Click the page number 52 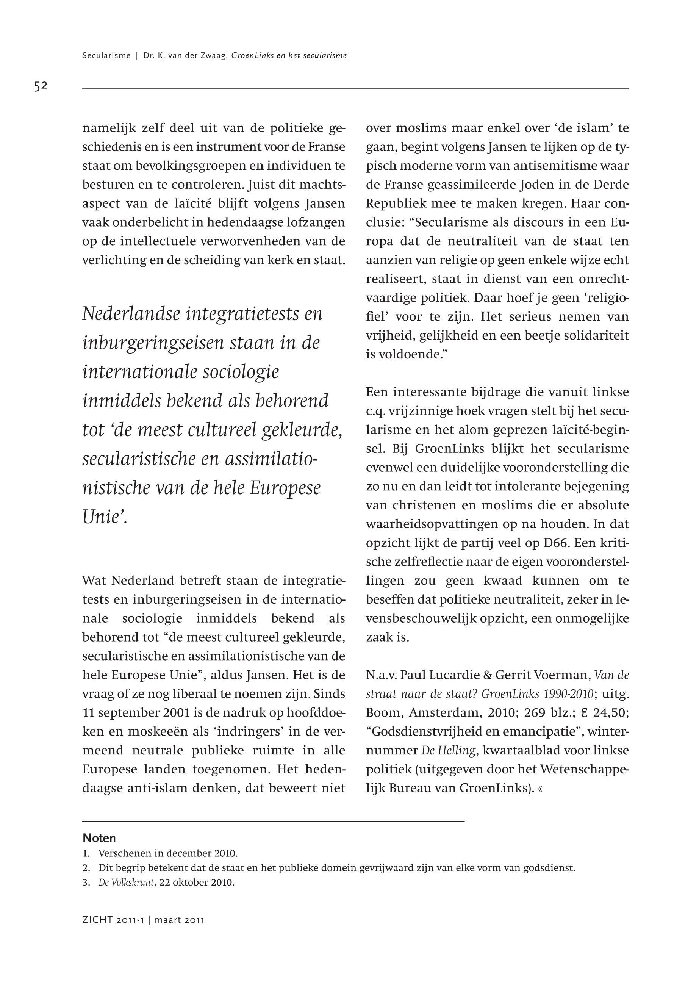(41, 86)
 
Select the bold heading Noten (99, 838)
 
